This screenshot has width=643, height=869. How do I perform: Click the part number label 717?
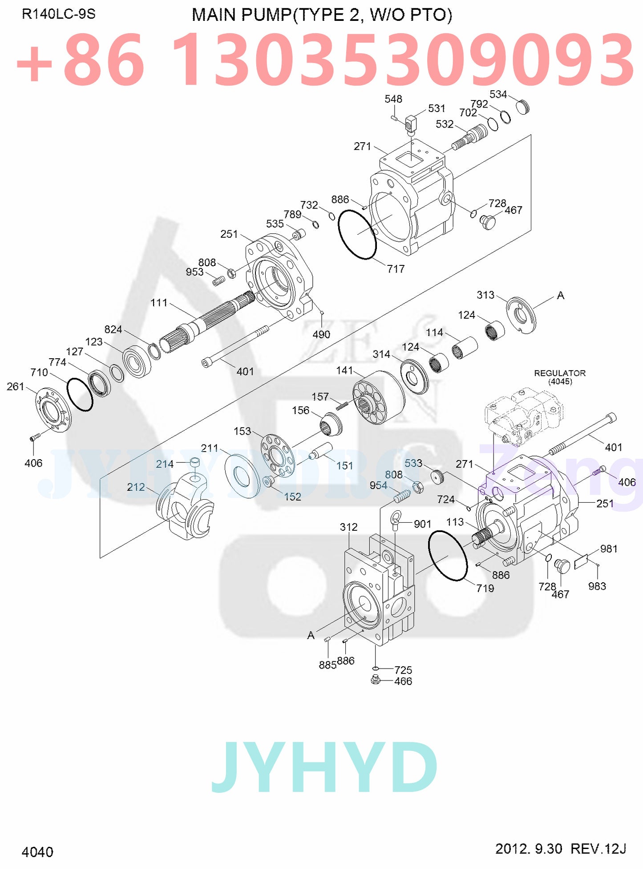(x=395, y=269)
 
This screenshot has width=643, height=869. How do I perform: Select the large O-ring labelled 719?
(x=447, y=556)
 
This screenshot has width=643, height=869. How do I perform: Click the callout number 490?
(x=321, y=334)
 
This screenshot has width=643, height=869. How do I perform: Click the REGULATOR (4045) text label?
(x=559, y=377)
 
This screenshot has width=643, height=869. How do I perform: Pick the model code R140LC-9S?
(x=58, y=14)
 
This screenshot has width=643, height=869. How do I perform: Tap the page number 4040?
(x=37, y=852)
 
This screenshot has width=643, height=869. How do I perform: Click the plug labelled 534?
(x=522, y=107)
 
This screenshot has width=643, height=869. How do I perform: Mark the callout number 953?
(x=194, y=272)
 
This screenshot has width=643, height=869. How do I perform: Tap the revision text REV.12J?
(x=598, y=849)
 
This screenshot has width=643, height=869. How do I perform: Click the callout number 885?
(x=327, y=665)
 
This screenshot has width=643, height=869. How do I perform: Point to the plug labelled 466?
(x=376, y=680)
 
